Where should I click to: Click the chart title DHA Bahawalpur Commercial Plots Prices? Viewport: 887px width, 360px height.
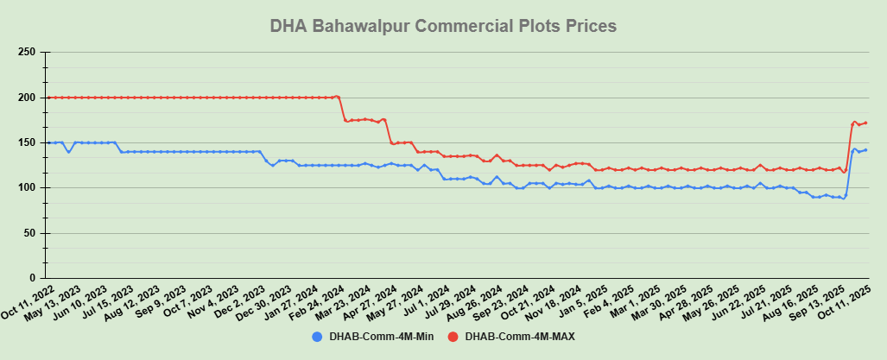(x=443, y=26)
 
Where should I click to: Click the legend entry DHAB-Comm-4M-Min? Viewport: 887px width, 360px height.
(x=372, y=336)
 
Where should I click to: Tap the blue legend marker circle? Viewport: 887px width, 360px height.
(x=317, y=336)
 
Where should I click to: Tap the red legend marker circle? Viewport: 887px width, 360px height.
(x=453, y=336)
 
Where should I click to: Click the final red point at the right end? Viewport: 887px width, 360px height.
(x=865, y=123)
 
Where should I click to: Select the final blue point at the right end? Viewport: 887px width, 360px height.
(x=865, y=149)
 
